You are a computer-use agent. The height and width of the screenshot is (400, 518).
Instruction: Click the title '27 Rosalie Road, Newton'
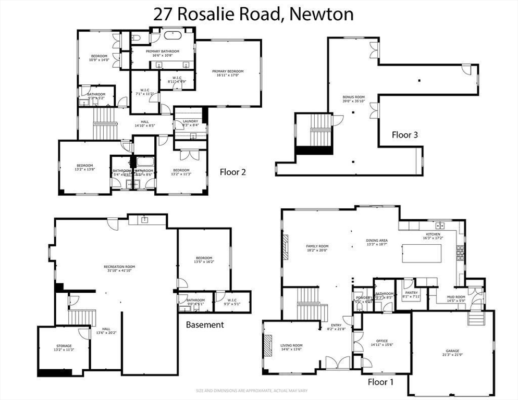pos(253,14)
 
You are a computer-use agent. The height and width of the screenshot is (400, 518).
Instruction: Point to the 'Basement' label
pos(205,324)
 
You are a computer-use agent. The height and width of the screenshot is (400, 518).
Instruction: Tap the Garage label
pos(452,353)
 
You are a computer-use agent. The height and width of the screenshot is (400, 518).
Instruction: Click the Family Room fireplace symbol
pos(285,246)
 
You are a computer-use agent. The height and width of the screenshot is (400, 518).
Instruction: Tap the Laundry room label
pos(190,122)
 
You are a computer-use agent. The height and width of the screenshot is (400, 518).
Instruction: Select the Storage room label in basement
pos(64,348)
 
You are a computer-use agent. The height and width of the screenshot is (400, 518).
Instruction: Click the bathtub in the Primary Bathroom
pos(170,36)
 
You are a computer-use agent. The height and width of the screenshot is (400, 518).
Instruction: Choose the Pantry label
pos(412,295)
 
